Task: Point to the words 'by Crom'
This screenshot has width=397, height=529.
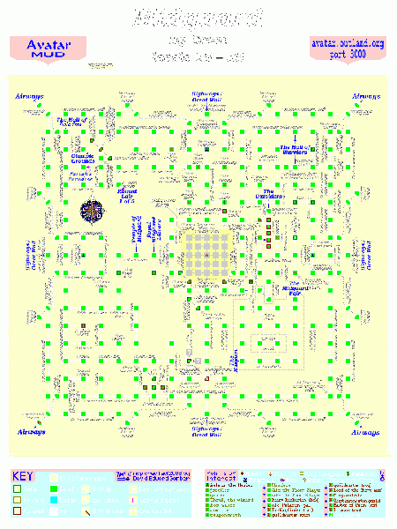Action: point(198,40)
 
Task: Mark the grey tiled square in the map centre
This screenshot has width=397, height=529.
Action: point(204,255)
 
